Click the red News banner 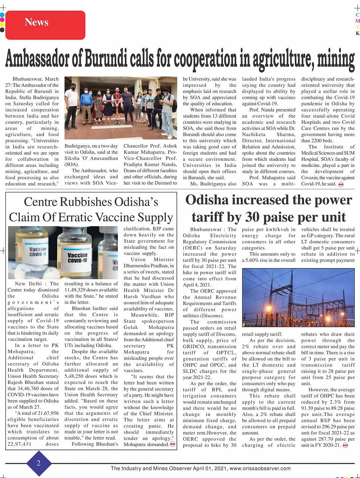pos(45,24)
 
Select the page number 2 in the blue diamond pos(38,463)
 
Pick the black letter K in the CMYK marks pos(357,34)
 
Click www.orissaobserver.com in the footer pos(260,468)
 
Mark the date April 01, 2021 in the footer pos(207,468)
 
